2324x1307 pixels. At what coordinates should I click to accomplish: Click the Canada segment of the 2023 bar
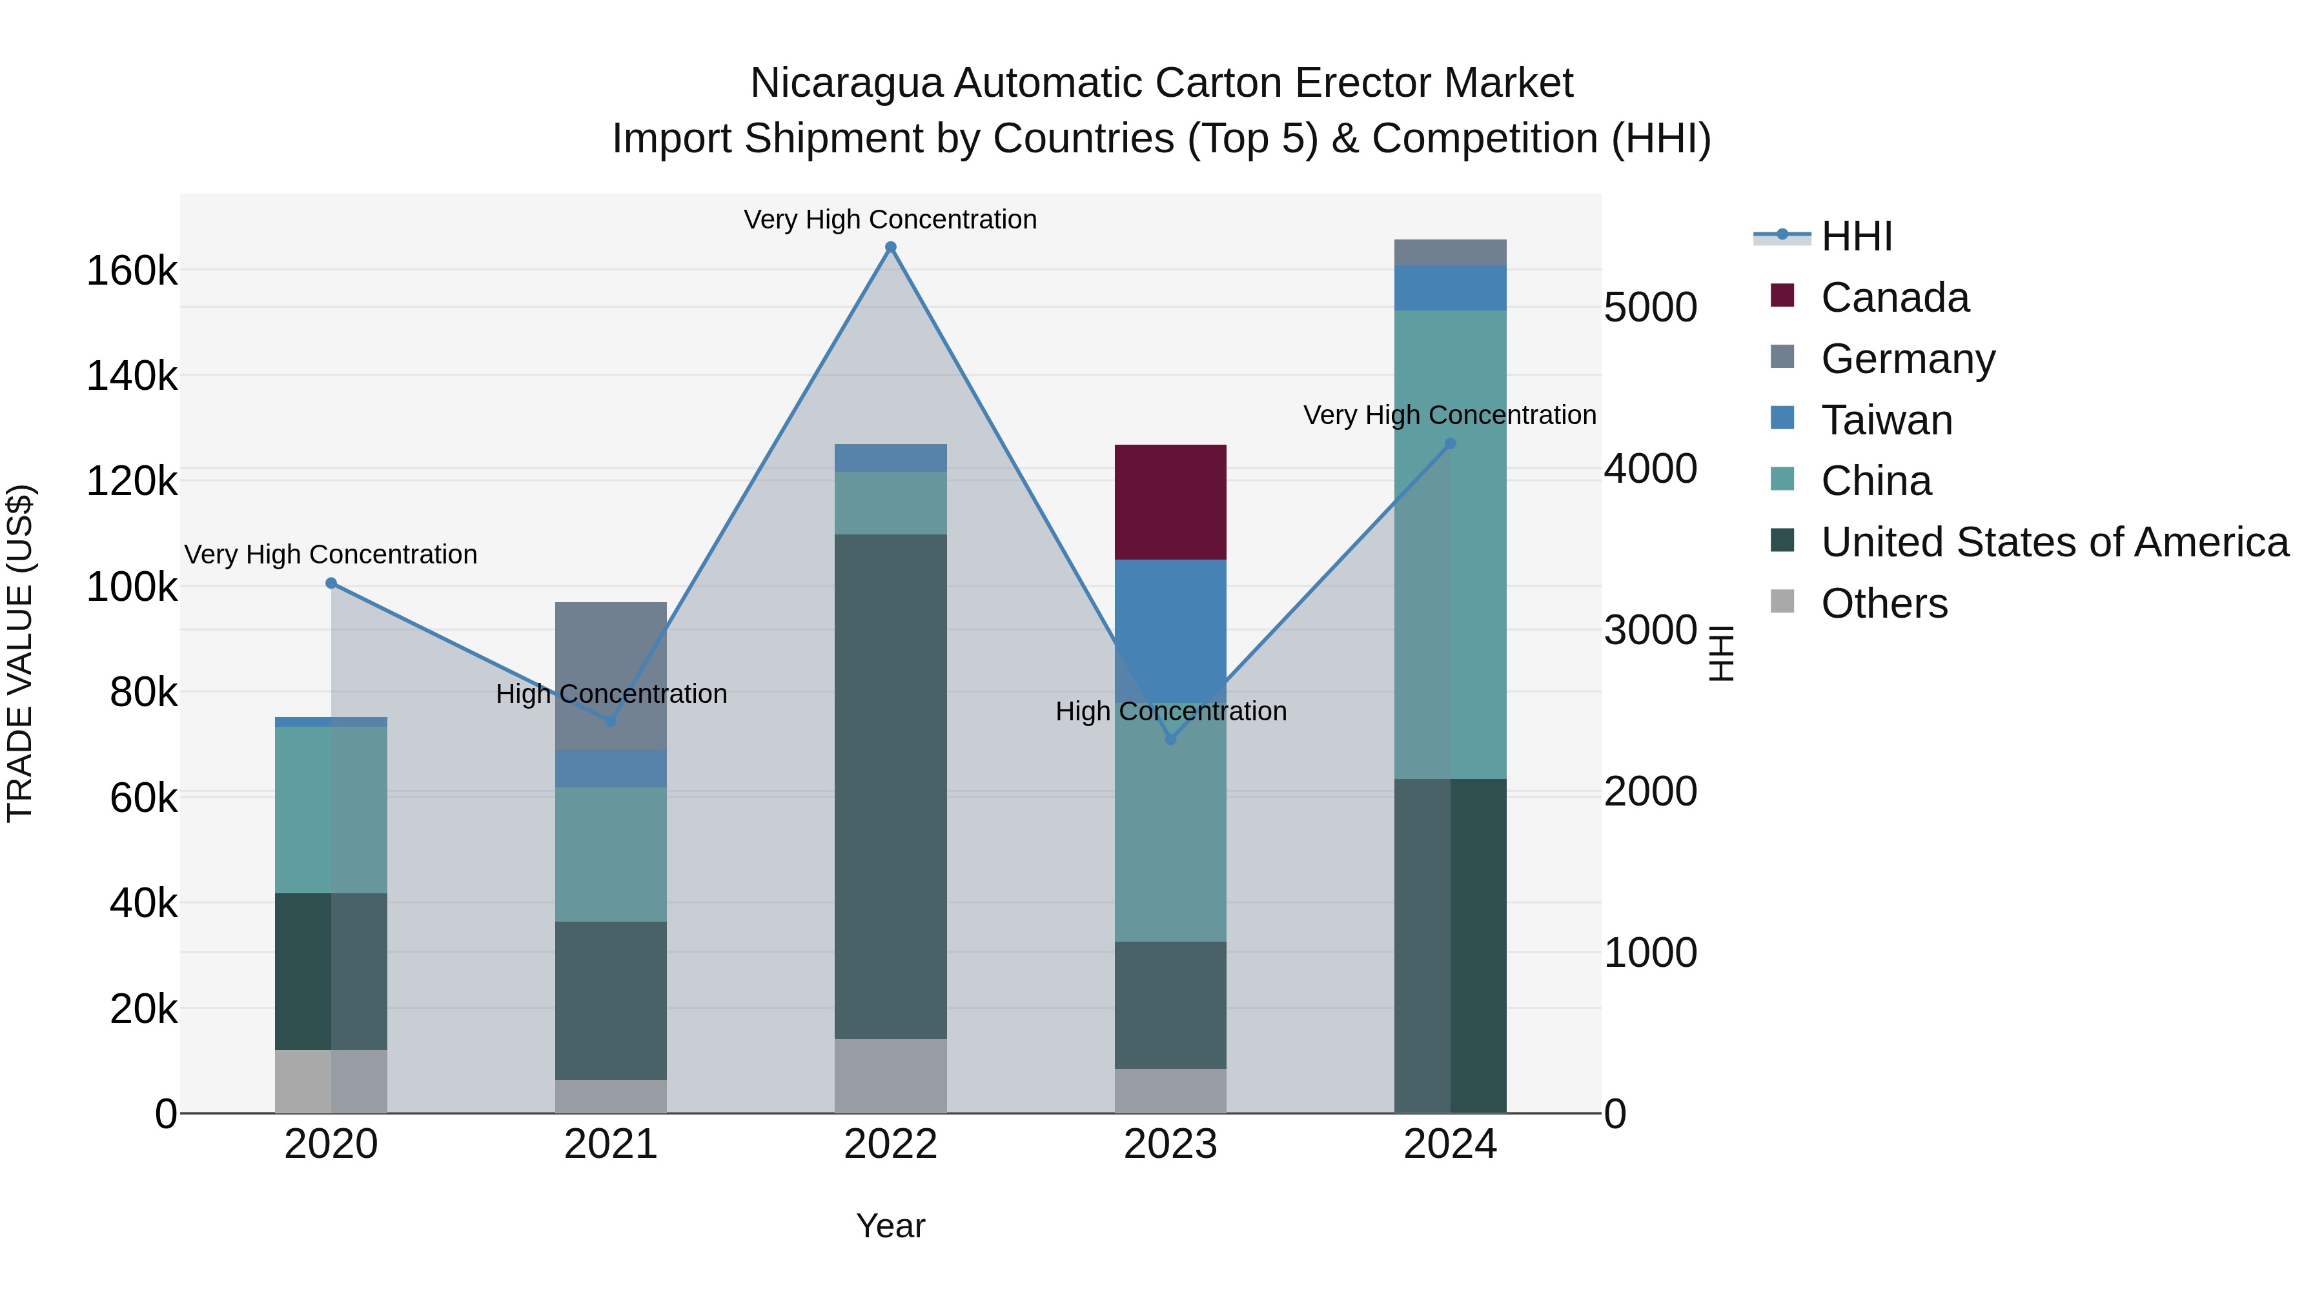[x=1170, y=502]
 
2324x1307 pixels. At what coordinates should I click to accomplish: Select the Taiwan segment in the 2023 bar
[x=1170, y=631]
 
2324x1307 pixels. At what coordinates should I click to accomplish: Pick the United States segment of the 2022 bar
[x=890, y=785]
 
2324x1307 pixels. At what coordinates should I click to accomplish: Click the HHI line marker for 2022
[x=890, y=247]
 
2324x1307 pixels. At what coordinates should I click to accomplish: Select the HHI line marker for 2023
[x=1170, y=740]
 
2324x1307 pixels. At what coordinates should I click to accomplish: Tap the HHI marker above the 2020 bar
[x=331, y=583]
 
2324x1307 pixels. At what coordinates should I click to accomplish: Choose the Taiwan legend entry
[x=1886, y=420]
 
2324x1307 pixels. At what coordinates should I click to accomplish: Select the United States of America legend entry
[x=2054, y=542]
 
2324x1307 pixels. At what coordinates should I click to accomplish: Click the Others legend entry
[x=1883, y=603]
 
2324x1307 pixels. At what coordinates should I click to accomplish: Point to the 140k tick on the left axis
[x=132, y=375]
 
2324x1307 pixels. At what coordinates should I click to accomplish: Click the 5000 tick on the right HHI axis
[x=1650, y=308]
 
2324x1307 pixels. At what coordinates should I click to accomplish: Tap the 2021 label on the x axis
[x=611, y=1144]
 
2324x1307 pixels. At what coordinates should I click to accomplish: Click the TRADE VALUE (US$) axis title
[x=20, y=653]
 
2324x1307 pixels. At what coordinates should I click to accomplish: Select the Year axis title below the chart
[x=890, y=1226]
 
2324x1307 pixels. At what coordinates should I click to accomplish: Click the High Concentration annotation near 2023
[x=1170, y=712]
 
